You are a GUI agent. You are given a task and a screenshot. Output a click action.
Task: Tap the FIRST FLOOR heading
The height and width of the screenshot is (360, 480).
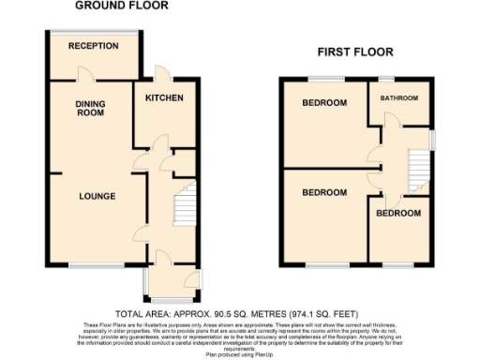[x=354, y=52]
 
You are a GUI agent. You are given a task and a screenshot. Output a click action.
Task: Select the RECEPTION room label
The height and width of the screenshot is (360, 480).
[x=93, y=46]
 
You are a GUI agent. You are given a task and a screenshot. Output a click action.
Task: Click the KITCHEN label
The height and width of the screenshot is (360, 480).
[x=164, y=98]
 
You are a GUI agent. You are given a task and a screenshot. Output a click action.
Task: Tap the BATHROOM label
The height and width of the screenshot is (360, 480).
[x=398, y=98]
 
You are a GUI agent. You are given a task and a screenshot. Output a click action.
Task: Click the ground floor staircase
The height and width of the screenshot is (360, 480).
[x=184, y=203]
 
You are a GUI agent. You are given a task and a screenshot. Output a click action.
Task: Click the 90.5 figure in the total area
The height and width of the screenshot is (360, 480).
[x=217, y=313]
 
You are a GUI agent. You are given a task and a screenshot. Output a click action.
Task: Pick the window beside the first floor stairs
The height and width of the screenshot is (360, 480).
[x=433, y=139]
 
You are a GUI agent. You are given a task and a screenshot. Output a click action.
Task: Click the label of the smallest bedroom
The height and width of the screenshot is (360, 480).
[x=398, y=214]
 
